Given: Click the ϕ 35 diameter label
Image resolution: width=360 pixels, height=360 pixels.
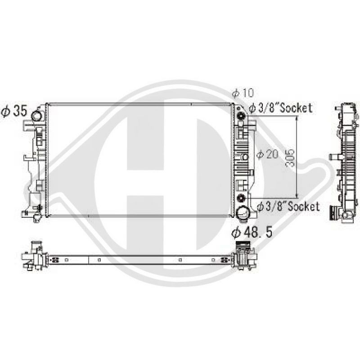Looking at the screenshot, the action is coord(14,111).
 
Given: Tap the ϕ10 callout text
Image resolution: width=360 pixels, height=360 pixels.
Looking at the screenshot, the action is coord(243,93).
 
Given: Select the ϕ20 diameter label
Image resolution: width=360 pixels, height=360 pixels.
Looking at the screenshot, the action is coord(267,154).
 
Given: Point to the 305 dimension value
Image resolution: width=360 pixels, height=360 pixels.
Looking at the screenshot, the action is coord(290,158).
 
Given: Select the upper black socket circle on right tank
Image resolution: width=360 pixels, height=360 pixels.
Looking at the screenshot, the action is coord(241,116).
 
